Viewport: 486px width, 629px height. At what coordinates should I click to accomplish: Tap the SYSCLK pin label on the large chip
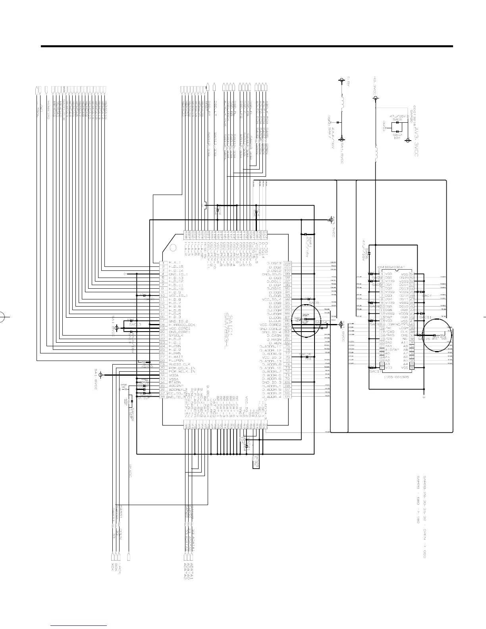tap(175, 336)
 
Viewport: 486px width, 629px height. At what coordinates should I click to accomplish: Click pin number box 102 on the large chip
tap(287, 263)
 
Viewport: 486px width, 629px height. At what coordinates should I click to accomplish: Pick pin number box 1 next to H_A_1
tap(162, 263)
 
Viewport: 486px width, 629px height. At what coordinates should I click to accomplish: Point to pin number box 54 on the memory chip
tap(412, 274)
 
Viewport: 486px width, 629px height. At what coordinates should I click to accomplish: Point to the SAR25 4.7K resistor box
tap(256, 461)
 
